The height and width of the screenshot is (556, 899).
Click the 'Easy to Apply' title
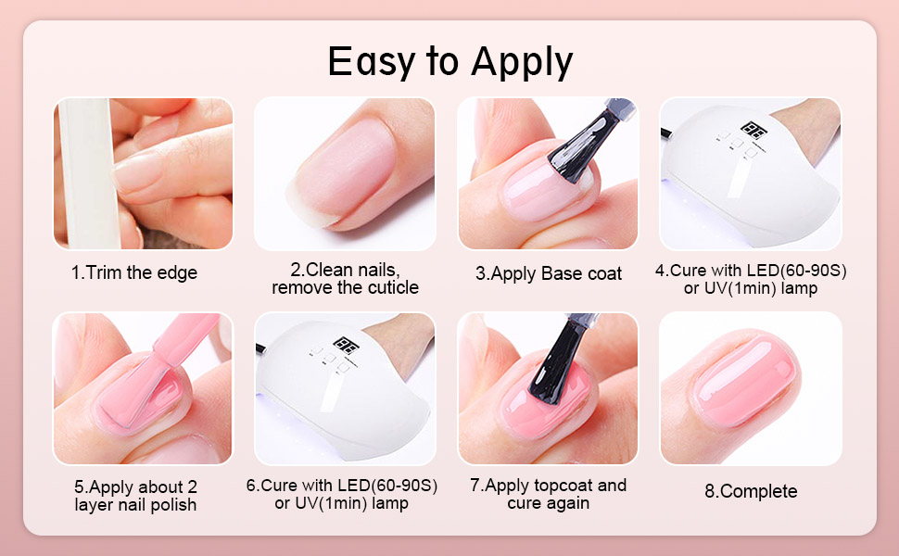pyautogui.click(x=450, y=62)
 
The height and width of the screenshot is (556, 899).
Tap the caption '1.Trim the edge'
pyautogui.click(x=134, y=272)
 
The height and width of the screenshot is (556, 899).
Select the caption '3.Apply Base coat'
pyautogui.click(x=548, y=274)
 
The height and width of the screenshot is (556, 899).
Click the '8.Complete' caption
pyautogui.click(x=751, y=491)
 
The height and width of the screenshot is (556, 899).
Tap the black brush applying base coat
pyautogui.click(x=584, y=144)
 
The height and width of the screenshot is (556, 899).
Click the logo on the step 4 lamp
pyautogui.click(x=753, y=130)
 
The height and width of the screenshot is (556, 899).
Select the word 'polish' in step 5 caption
pyautogui.click(x=172, y=506)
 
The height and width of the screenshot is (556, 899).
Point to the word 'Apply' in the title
pyautogui.click(x=523, y=63)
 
